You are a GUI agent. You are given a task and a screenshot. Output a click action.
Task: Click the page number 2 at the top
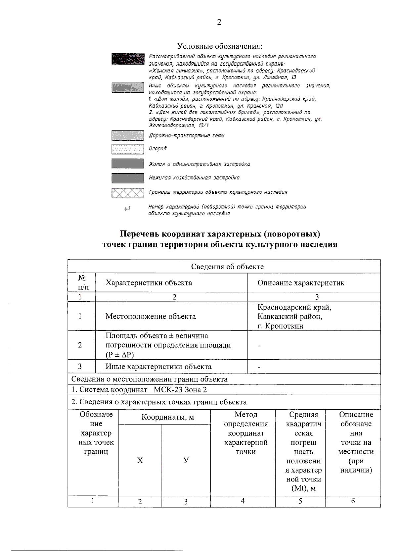pyautogui.click(x=219, y=22)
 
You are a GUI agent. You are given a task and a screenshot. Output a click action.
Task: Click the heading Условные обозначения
pyautogui.click(x=220, y=45)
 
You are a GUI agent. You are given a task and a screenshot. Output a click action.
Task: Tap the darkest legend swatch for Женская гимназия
pyautogui.click(x=128, y=59)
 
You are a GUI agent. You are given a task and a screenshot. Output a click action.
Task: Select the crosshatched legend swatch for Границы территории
pyautogui.click(x=128, y=193)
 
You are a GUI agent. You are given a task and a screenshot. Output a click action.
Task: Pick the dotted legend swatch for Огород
pyautogui.click(x=128, y=149)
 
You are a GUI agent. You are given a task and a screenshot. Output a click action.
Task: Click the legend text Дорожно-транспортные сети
pyautogui.click(x=187, y=135)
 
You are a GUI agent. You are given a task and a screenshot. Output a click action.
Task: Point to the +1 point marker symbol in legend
pyautogui.click(x=127, y=209)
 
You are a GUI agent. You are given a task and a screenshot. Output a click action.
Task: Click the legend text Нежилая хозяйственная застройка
pyautogui.click(x=194, y=178)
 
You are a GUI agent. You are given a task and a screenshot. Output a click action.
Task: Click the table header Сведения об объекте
pyautogui.click(x=227, y=267)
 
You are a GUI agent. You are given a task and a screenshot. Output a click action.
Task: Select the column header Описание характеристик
pyautogui.click(x=301, y=283)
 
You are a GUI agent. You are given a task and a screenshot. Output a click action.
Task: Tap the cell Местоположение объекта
pyautogui.click(x=151, y=316)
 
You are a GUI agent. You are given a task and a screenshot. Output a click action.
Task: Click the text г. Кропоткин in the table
pyautogui.click(x=281, y=326)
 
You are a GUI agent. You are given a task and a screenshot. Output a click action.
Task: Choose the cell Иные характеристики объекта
pyautogui.click(x=158, y=367)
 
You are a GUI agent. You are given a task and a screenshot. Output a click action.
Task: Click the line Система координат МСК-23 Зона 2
pyautogui.click(x=139, y=390)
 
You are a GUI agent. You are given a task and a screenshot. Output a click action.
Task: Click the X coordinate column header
pyautogui.click(x=140, y=460)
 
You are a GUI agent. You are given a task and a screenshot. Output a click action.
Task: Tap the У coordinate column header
pyautogui.click(x=186, y=460)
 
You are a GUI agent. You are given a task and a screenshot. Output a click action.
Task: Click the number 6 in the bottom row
pyautogui.click(x=353, y=501)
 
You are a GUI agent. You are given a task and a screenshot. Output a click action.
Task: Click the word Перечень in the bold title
pyautogui.click(x=139, y=234)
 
